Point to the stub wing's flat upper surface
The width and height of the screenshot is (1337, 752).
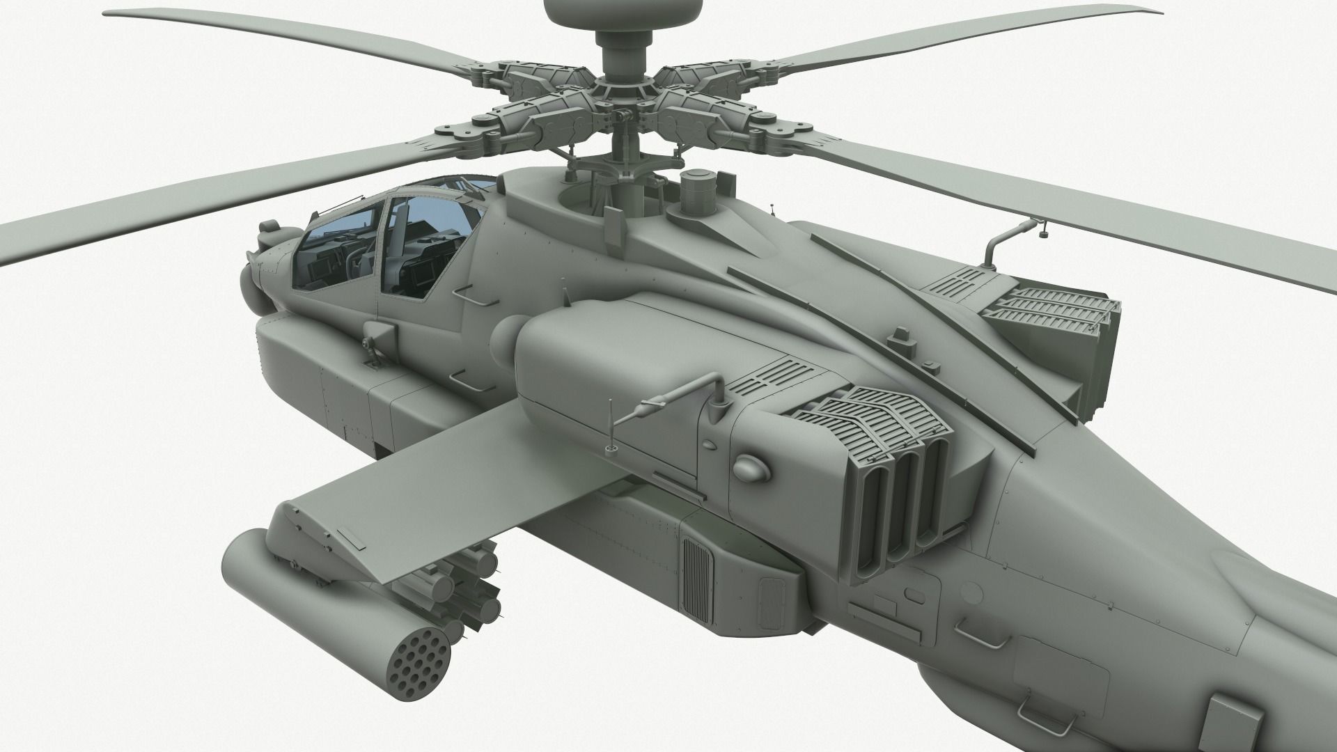(432, 487)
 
